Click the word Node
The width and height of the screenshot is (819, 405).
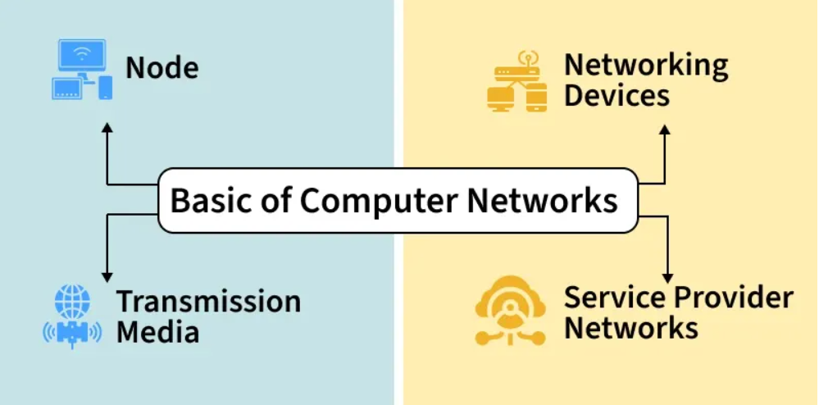pos(162,67)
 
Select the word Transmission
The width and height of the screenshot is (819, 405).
pos(208,302)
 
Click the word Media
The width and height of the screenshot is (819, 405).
pos(157,332)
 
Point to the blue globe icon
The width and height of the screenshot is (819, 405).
pos(72,302)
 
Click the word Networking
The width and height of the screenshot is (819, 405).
pos(646,66)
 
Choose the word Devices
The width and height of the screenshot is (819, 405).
pos(617,96)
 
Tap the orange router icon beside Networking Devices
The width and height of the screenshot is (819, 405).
pos(516,83)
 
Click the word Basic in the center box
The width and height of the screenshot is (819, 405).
pos(207,200)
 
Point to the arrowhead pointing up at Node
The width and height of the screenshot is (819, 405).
pos(107,129)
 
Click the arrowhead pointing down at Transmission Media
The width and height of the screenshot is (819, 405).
pos(107,277)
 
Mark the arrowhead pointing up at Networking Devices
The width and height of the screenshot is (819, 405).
pos(665,130)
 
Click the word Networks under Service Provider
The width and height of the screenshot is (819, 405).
pos(630,328)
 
